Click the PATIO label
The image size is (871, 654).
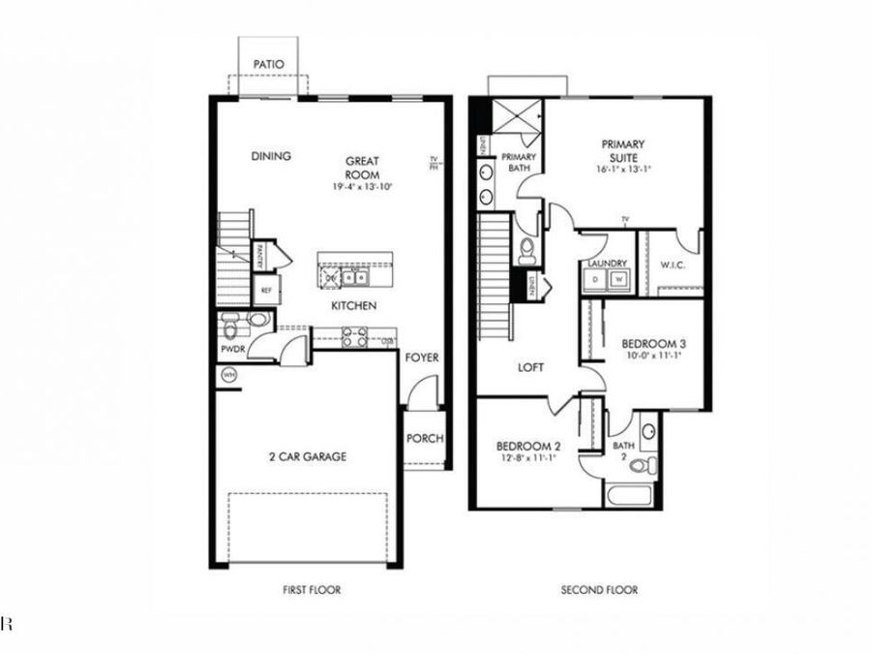269,65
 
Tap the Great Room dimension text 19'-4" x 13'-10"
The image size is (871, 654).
364,185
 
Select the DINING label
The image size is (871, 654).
271,156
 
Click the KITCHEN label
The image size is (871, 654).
353,306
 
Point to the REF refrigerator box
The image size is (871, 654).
264,289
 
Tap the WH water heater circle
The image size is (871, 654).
230,375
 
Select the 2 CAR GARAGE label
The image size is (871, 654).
307,456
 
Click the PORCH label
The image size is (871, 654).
424,438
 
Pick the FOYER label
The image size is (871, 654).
422,358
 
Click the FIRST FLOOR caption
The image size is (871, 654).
311,589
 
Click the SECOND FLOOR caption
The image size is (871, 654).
599,589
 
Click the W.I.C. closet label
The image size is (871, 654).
673,264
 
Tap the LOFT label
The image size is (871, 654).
530,368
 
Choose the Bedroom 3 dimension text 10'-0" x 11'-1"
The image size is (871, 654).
656,356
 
